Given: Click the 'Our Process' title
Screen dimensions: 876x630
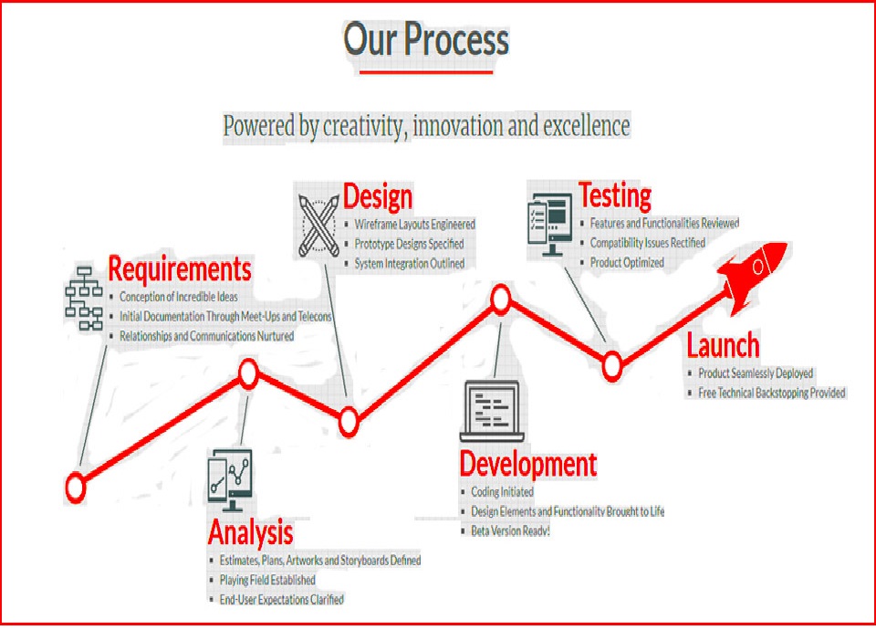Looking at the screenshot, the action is [426, 39].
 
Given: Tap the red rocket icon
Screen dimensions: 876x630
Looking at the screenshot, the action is [752, 275].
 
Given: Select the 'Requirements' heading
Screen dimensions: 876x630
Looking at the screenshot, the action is [180, 268].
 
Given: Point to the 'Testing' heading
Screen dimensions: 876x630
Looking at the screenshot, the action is [614, 195].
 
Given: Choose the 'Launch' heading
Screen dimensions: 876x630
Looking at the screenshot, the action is [723, 344].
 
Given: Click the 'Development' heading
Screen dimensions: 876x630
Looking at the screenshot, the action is [528, 464].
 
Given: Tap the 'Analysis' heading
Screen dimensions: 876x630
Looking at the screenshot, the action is [250, 532].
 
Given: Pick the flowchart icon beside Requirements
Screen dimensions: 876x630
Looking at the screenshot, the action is [84, 298].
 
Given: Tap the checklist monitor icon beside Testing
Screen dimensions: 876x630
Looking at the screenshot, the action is [550, 225].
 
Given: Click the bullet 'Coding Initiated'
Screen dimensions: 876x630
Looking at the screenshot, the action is [502, 492].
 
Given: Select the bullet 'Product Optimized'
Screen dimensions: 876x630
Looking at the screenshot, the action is [627, 262].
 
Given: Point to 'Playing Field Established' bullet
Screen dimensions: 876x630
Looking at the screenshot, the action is [267, 580].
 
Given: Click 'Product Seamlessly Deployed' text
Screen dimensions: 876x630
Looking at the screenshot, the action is [756, 373].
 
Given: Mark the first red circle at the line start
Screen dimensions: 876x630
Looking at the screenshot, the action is [76, 488].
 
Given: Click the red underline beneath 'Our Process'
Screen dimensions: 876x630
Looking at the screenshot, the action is [426, 71].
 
